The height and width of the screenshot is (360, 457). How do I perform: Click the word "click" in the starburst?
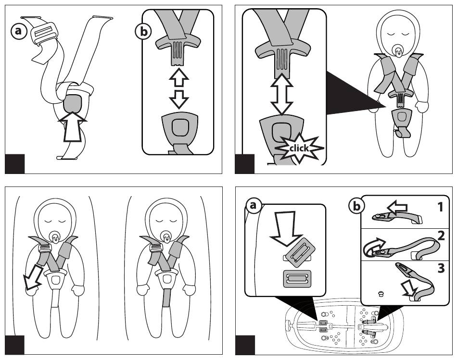299,148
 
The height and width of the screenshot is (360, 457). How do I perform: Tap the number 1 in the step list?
440,207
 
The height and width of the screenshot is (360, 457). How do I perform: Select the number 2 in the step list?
441,236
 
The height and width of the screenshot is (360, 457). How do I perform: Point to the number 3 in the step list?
441,268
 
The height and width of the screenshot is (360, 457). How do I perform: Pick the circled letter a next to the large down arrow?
253,206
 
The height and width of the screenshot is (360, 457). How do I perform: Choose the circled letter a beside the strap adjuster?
19,31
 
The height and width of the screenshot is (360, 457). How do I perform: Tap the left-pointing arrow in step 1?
397,207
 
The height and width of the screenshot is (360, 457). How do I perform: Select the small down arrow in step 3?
408,289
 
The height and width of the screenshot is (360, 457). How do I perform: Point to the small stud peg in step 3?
381,294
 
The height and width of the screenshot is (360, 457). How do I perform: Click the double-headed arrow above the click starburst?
282,94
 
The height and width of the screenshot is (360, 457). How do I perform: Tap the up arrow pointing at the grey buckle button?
72,127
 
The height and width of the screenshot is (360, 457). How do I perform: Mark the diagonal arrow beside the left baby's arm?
33,277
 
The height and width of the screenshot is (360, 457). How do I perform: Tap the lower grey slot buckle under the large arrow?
297,278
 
